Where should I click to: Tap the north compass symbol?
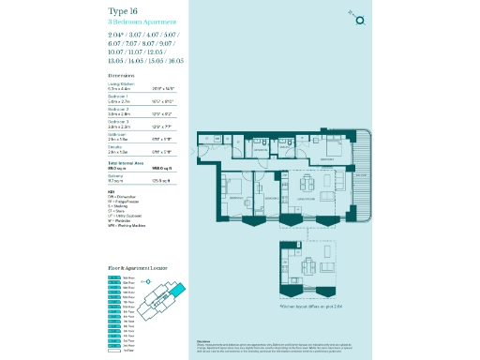pyautogui.click(x=360, y=17)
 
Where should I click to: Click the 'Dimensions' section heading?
pyautogui.click(x=121, y=74)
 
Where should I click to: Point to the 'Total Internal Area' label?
pyautogui.click(x=127, y=163)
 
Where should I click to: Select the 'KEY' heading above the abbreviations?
pyautogui.click(x=112, y=191)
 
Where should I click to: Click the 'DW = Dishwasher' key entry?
pyautogui.click(x=125, y=197)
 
